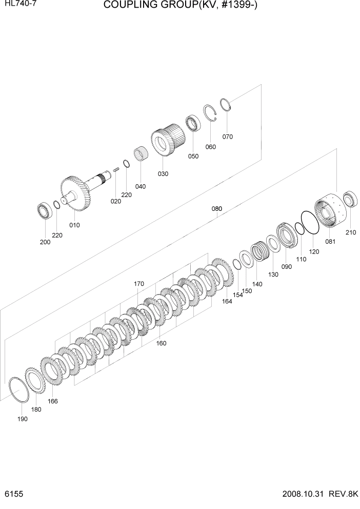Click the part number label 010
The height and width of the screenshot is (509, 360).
pos(74,225)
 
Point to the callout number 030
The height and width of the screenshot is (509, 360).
pos(163,174)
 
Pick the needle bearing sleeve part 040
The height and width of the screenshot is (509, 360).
pos(141,154)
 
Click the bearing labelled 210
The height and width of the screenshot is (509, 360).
pos(350,198)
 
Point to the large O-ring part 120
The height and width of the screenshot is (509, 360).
pos(310,224)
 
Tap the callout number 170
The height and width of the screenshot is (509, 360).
pos(138,284)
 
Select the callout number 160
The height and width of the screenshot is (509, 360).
pos(161,343)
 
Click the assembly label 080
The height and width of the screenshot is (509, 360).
pos(217,209)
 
